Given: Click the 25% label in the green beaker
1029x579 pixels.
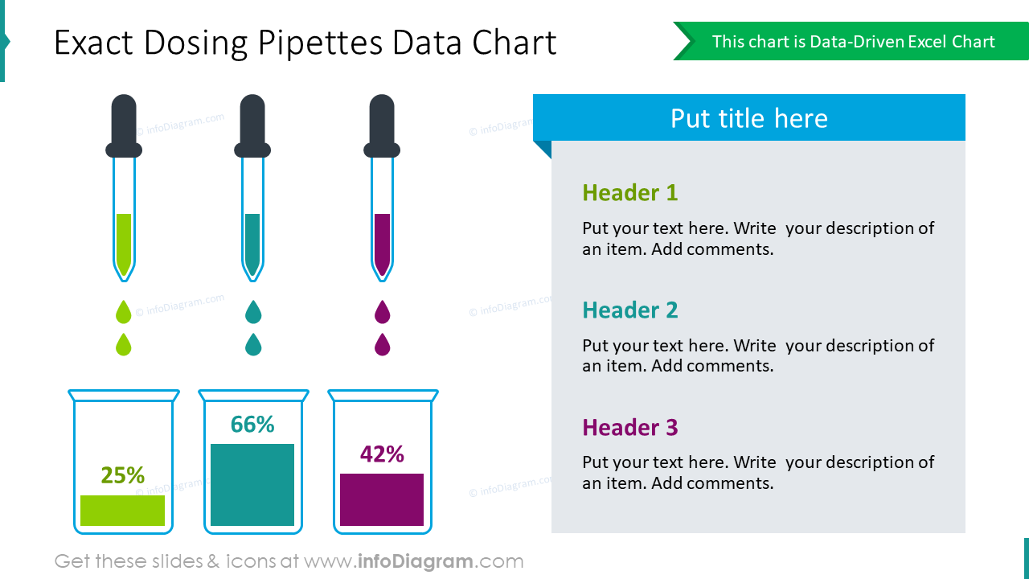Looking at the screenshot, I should (x=122, y=475).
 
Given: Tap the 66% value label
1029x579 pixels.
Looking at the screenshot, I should (x=252, y=424).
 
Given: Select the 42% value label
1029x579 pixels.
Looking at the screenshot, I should (x=382, y=454).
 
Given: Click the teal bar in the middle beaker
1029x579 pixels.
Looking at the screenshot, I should (x=252, y=484).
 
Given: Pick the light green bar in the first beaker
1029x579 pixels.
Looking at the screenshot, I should (x=122, y=511).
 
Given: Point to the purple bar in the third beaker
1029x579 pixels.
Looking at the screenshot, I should (x=382, y=499).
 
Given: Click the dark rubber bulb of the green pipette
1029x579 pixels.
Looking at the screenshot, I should (x=124, y=125).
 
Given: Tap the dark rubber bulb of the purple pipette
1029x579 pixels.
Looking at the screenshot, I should (x=382, y=125).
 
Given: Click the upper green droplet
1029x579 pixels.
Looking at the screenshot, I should (x=123, y=312).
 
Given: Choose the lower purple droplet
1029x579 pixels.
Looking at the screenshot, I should (x=382, y=344).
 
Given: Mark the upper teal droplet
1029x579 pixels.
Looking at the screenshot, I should (x=253, y=312).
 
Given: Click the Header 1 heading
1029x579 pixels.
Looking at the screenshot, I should (x=629, y=193).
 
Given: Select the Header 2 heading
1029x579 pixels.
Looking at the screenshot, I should (x=629, y=310).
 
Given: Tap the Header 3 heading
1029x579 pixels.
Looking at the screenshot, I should (x=629, y=427).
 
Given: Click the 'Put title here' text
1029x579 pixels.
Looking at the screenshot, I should (x=748, y=118).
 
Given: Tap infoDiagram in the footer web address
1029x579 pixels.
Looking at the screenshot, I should (x=414, y=561).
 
